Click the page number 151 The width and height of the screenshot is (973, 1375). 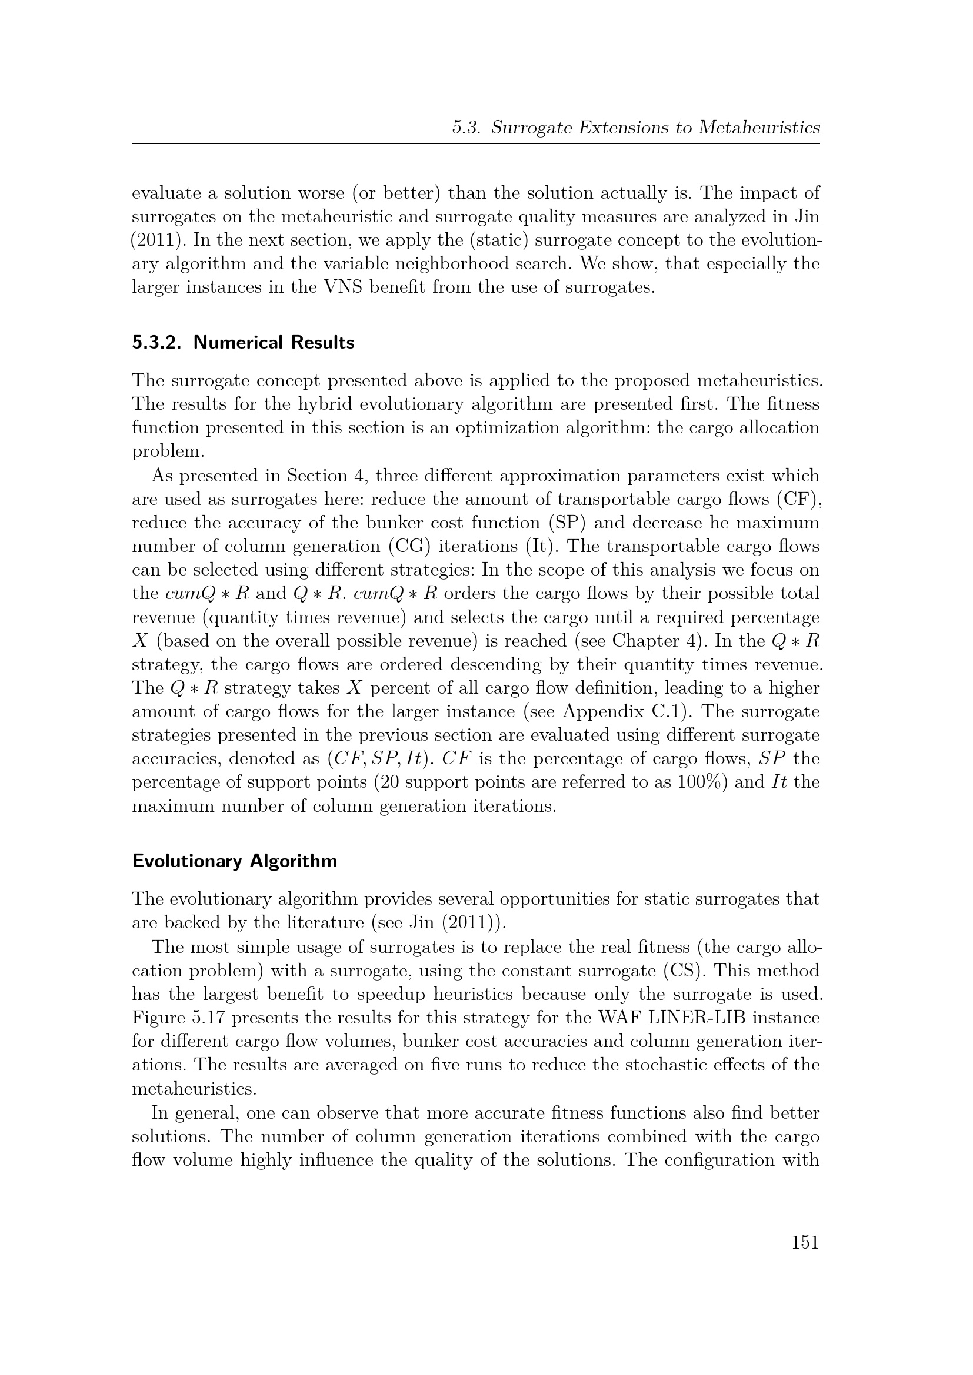pos(805,1242)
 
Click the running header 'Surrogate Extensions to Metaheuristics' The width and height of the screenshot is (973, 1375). pos(655,128)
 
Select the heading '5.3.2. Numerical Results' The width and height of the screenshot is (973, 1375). pos(244,343)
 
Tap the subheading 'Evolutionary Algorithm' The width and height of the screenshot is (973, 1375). pos(234,861)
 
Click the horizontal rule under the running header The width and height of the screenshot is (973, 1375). pos(476,143)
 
